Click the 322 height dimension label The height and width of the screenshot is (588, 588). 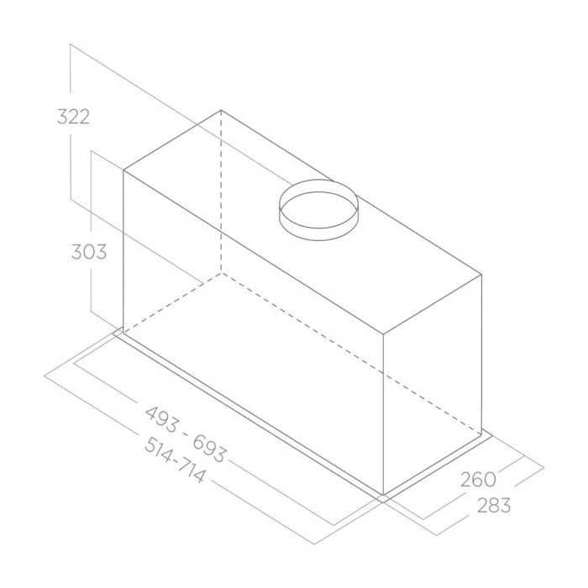(x=74, y=117)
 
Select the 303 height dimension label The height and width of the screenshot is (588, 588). (x=89, y=252)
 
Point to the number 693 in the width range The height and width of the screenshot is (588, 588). (x=210, y=449)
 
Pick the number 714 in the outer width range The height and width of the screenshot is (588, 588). (x=192, y=470)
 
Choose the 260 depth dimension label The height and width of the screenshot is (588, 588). (x=478, y=480)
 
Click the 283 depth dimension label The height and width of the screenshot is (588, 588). (x=494, y=505)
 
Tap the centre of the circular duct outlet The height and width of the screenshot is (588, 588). (x=318, y=210)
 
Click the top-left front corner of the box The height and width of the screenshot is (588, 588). (x=123, y=171)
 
